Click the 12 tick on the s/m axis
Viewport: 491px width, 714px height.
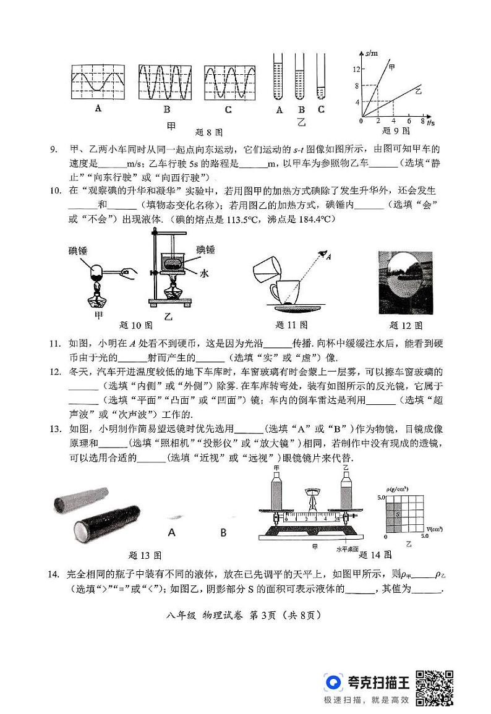click(x=356, y=70)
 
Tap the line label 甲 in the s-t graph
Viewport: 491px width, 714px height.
click(x=392, y=64)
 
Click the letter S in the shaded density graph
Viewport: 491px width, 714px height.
click(x=397, y=514)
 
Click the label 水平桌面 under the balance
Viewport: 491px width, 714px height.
click(x=346, y=548)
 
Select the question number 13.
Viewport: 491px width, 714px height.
click(x=54, y=429)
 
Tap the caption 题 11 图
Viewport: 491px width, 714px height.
click(x=291, y=325)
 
